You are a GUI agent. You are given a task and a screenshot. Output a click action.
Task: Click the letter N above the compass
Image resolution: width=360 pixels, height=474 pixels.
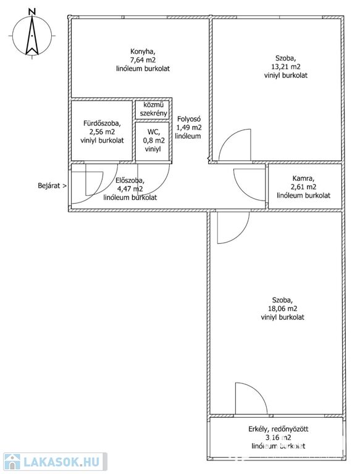(x=31, y=12)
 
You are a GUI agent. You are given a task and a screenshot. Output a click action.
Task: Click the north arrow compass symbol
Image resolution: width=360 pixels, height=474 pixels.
(x=31, y=36)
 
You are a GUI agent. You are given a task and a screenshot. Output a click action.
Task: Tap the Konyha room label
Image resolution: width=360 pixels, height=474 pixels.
(x=143, y=51)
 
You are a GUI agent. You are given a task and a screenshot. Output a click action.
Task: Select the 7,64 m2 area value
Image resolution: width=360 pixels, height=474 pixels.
(x=143, y=60)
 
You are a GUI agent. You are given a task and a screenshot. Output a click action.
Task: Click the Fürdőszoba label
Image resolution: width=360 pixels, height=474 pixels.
(x=103, y=123)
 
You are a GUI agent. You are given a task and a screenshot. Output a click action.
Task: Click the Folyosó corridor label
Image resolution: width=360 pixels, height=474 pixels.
(x=189, y=118)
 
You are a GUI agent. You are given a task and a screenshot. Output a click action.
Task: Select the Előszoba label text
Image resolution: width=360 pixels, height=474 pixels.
(x=130, y=180)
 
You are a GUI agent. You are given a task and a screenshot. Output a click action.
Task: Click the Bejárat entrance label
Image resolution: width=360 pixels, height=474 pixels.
(x=52, y=186)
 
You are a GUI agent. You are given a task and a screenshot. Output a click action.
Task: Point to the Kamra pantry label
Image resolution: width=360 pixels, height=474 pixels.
(x=303, y=178)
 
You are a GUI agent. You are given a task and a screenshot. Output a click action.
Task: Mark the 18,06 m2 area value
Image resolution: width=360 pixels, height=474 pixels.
(x=283, y=309)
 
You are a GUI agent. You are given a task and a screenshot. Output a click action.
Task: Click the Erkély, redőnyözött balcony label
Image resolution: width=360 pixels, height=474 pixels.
(x=278, y=429)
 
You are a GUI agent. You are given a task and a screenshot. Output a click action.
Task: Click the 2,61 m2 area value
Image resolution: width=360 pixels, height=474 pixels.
(x=303, y=187)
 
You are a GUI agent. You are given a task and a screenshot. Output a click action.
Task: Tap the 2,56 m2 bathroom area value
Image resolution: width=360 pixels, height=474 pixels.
(x=103, y=132)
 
